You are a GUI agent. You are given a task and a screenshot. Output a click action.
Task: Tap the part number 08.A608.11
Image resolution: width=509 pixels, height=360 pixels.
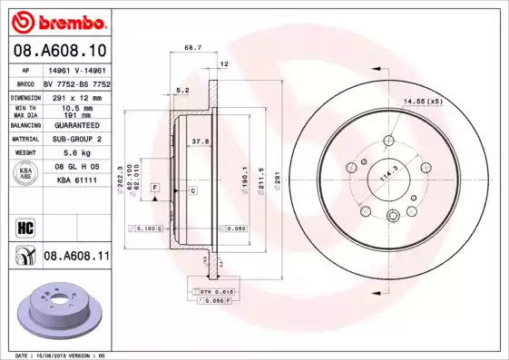point(76,257)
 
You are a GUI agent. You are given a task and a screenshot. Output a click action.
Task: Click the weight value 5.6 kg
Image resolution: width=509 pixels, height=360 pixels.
point(75,153)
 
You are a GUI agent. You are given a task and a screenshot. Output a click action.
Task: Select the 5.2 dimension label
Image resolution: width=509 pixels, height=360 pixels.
point(182,90)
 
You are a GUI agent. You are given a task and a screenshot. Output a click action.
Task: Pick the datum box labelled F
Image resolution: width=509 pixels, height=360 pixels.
point(155,186)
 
